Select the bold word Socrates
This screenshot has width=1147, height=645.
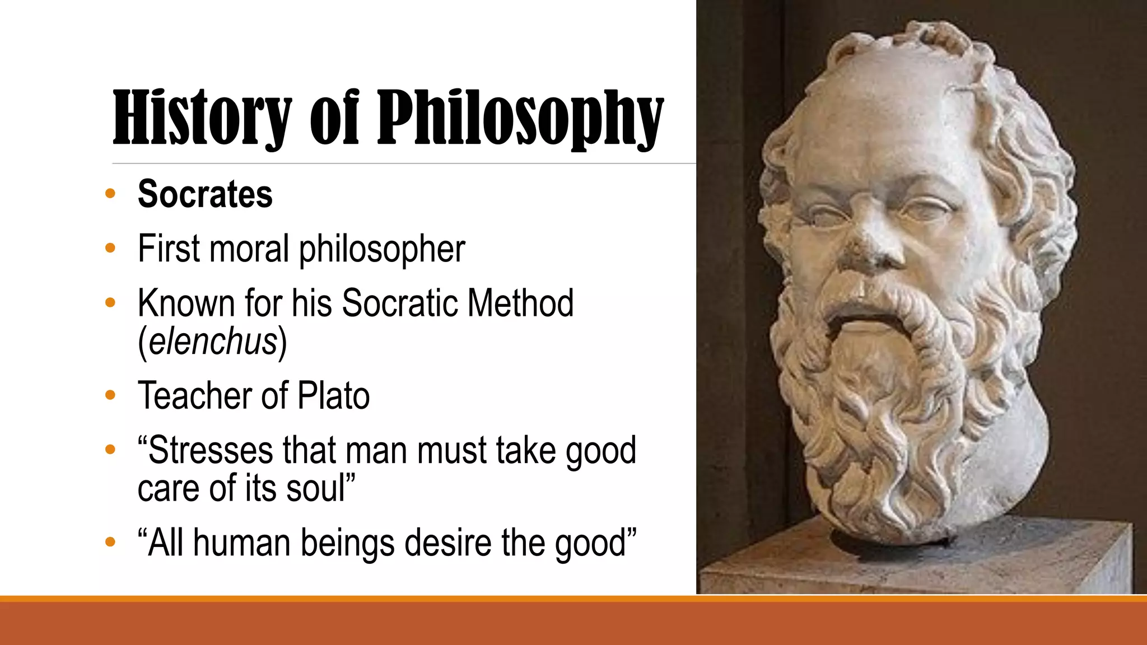pos(205,194)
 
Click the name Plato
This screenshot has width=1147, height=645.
pos(334,395)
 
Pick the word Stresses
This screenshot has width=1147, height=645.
pos(209,450)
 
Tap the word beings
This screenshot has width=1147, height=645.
pos(347,544)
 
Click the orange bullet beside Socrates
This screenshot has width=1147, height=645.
pos(110,194)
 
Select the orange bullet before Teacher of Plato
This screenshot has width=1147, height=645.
pos(110,395)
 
